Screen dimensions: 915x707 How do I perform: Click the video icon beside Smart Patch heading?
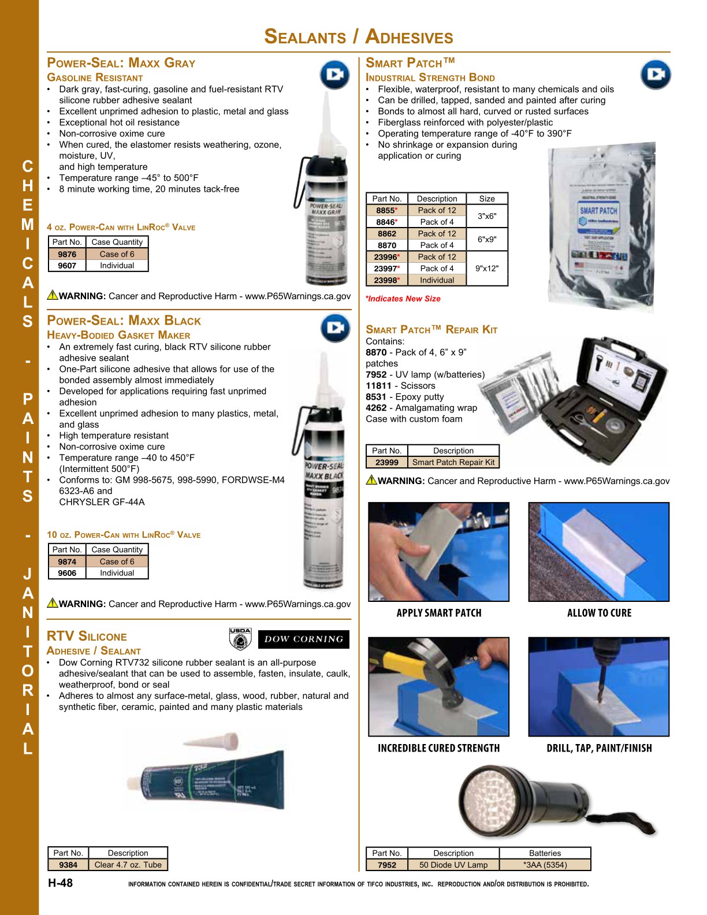point(656,75)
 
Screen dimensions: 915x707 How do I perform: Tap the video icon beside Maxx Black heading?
point(335,328)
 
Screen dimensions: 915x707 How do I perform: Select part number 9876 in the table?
point(67,254)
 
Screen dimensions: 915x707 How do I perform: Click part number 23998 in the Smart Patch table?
point(386,280)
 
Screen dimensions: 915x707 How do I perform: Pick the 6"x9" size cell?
point(486,239)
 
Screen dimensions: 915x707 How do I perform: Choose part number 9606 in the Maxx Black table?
point(67,573)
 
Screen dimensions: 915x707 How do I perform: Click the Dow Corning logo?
point(304,639)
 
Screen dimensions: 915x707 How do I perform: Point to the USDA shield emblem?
point(240,639)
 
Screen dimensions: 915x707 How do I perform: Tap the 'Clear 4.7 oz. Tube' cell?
point(128,865)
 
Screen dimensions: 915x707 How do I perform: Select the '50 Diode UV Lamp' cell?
point(453,865)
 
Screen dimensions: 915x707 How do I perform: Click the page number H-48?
point(60,883)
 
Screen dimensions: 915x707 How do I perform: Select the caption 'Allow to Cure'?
point(599,613)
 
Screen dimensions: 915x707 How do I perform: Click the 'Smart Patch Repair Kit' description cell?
point(453,462)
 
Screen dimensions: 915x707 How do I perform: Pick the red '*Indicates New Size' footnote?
point(403,299)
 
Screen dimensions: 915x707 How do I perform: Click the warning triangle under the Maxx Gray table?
point(53,295)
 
